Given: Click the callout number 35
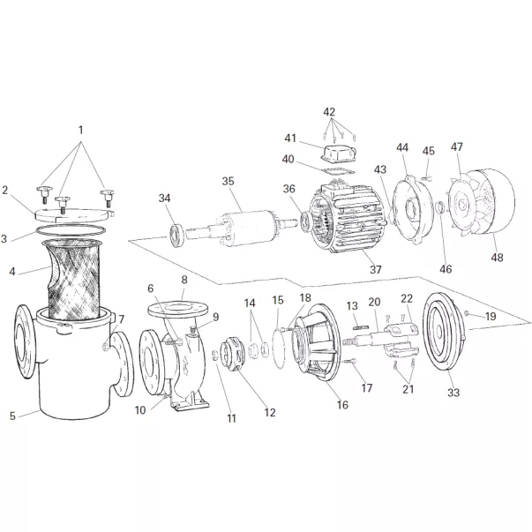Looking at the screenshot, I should tap(228, 182).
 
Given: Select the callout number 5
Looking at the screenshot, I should tap(12, 416).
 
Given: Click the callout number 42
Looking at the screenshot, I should tap(329, 112).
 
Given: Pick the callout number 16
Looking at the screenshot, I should tap(341, 405).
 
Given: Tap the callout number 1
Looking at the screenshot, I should tap(80, 130).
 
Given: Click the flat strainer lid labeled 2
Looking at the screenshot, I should tap(75, 210).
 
